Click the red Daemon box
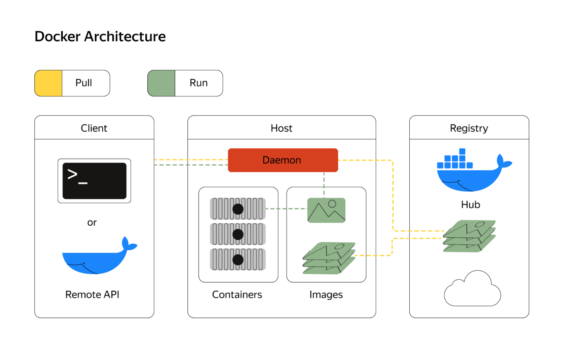(283, 160)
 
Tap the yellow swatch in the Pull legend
(48, 83)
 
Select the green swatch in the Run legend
(161, 83)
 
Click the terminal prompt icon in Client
(94, 181)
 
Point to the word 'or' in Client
(92, 223)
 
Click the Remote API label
(92, 295)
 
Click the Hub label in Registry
(470, 205)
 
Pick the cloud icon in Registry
(472, 290)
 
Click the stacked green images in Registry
(470, 236)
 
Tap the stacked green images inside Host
(329, 258)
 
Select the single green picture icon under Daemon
(326, 210)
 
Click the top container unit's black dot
(238, 209)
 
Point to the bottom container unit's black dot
(238, 260)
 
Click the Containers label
(237, 295)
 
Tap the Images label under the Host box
(326, 295)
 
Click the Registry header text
(469, 128)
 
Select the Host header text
(281, 128)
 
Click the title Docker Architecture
(100, 36)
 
